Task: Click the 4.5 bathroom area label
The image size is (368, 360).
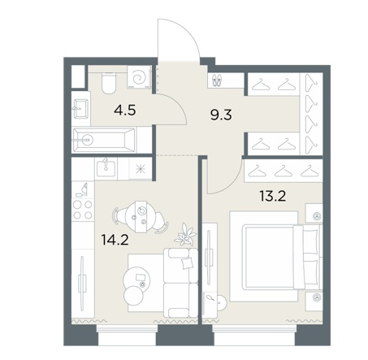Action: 125,111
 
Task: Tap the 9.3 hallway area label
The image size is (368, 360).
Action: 221,115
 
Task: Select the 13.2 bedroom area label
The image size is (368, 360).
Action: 272,196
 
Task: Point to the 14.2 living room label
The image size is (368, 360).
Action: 115,240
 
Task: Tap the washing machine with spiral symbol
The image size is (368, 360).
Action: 140,77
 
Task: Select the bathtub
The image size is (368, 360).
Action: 104,141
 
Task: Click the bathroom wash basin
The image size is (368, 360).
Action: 80,109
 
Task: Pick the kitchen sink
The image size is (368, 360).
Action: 106,170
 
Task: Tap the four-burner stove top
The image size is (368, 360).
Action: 83,210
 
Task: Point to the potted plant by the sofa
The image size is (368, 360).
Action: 185,235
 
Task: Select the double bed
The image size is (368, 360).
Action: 280,257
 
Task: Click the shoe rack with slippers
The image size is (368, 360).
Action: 217,80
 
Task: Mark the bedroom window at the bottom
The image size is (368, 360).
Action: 253,336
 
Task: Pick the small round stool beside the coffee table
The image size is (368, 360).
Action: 134,296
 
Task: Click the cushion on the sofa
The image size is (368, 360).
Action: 188,262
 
